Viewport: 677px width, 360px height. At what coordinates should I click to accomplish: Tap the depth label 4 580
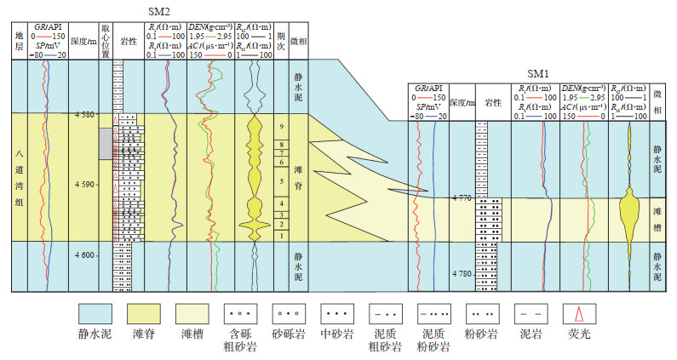click(x=85, y=116)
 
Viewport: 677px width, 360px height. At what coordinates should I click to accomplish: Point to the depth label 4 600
click(x=85, y=254)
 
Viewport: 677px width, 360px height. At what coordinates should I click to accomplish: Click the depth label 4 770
click(x=461, y=197)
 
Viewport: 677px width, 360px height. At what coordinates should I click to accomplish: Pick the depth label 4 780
click(x=461, y=273)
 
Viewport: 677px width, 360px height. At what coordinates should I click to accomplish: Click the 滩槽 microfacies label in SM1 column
click(x=657, y=216)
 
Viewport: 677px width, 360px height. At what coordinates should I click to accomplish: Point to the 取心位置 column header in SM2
click(x=106, y=40)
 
